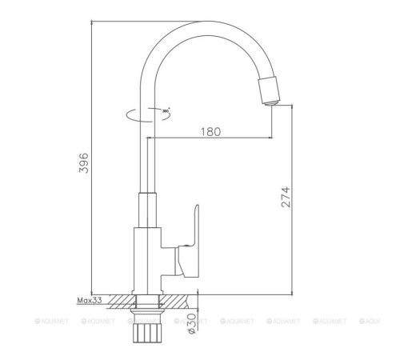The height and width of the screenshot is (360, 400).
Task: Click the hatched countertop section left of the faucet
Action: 121,301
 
